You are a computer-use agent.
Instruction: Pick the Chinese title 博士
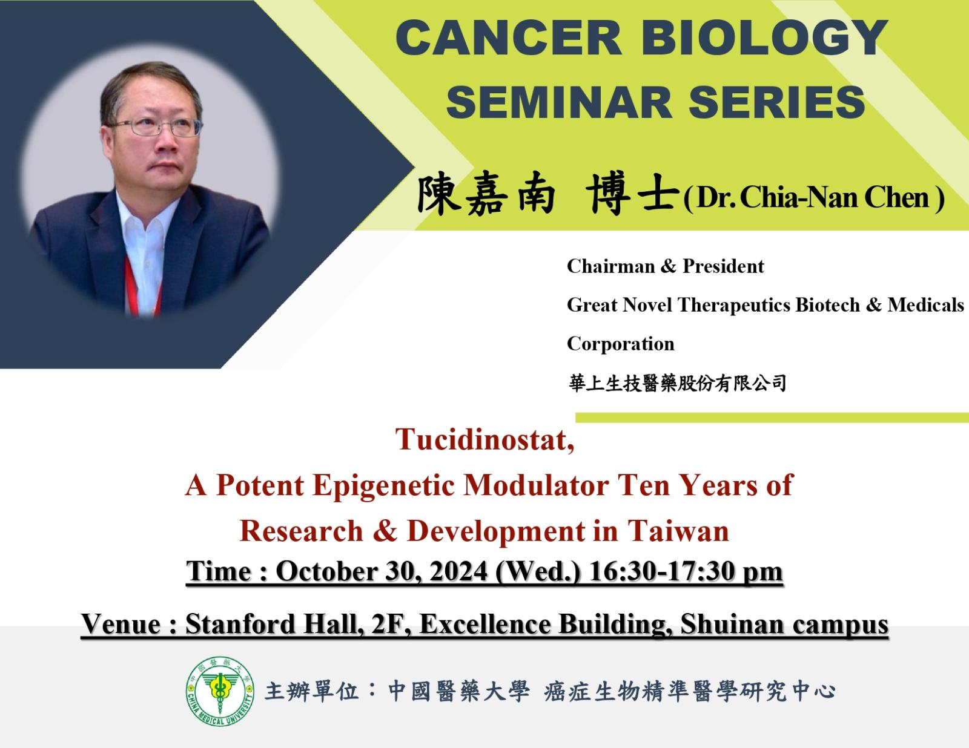coord(632,195)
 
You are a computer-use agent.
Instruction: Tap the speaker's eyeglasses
coord(154,126)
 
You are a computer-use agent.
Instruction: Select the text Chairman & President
coord(666,266)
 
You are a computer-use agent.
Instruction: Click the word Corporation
coord(620,344)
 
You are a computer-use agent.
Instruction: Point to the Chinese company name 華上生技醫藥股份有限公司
coord(677,383)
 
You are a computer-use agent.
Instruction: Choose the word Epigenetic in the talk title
coord(384,486)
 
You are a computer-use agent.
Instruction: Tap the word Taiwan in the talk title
coord(678,531)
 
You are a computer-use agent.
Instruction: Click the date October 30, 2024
coord(382,571)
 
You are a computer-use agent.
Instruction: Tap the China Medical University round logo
coord(220,692)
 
